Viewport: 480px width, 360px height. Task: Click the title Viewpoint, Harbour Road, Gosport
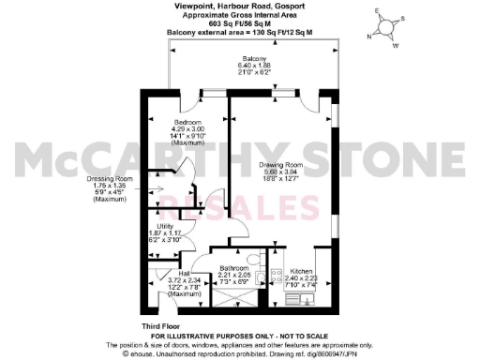tap(241, 6)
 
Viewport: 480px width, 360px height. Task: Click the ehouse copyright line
tap(240, 352)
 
